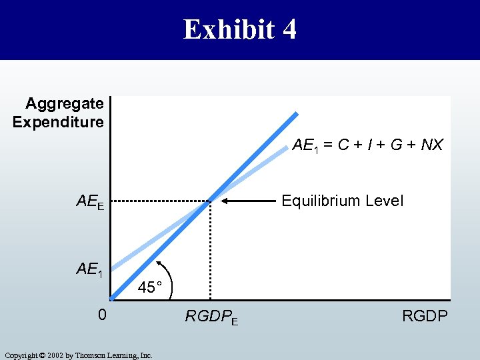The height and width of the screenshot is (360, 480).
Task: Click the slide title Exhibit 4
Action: click(240, 29)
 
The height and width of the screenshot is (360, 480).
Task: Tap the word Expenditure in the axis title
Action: click(59, 122)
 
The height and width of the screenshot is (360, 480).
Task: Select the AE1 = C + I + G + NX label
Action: click(367, 145)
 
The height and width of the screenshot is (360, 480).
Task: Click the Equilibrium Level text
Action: click(343, 201)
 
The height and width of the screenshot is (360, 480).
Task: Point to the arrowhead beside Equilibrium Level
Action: click(225, 200)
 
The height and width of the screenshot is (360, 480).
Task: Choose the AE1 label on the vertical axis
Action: click(89, 270)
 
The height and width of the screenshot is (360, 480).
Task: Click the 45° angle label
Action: click(150, 287)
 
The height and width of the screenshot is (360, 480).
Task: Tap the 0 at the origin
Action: click(101, 314)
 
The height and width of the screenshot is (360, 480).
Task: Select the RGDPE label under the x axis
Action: click(211, 317)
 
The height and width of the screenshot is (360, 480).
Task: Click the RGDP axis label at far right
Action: click(425, 315)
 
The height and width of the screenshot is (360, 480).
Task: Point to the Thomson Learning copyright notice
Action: click(78, 355)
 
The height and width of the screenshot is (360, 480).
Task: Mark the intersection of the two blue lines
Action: click(210, 200)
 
